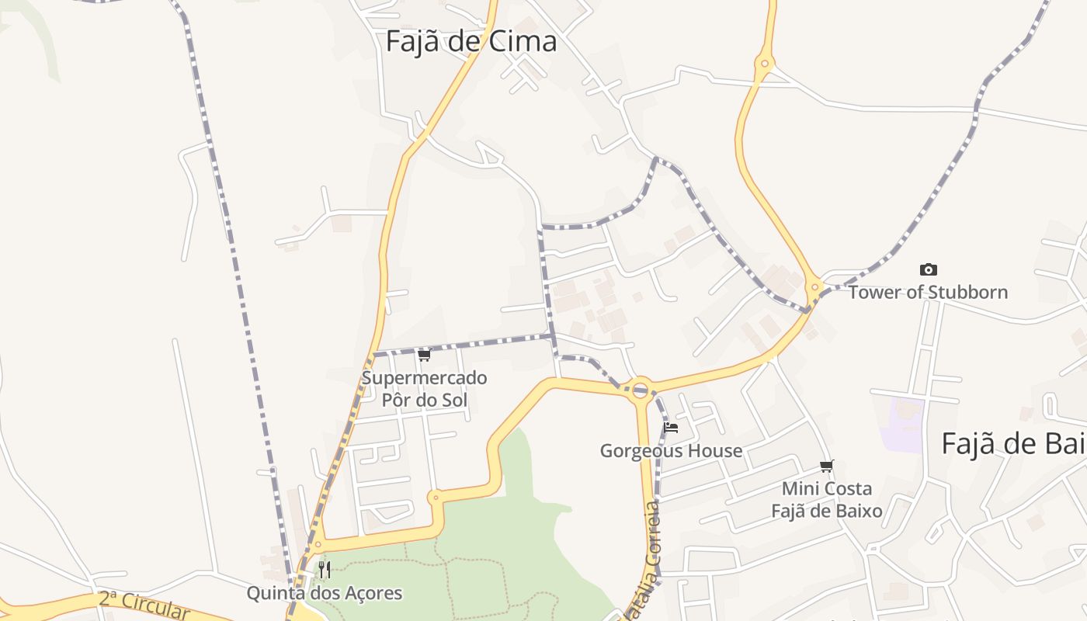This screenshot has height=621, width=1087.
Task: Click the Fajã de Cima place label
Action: coord(471,41)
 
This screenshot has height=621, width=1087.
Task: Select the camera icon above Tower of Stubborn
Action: coord(928,270)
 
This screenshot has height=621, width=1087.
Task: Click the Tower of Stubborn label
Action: coord(928,293)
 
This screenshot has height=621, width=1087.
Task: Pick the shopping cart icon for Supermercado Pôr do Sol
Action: coord(424,356)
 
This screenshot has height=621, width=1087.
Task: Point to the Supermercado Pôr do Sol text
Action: coord(424,389)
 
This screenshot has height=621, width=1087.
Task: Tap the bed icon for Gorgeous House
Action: coord(671,428)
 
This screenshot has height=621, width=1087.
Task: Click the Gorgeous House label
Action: coord(671,451)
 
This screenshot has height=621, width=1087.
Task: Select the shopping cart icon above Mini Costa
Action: coord(827,467)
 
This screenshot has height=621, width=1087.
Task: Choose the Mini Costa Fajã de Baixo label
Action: coord(827,500)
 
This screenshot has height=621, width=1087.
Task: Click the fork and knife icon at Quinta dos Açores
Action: coord(325,571)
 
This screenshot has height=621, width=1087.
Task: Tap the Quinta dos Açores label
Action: coord(325,594)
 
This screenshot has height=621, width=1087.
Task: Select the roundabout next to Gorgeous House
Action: coord(641,390)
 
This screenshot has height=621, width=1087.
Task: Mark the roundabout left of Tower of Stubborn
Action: coord(814,288)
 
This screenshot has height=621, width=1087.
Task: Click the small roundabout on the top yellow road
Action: coord(765,64)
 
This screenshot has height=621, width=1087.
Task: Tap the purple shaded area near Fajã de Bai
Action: coord(901,423)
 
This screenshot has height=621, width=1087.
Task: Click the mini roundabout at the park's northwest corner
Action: coord(435,497)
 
